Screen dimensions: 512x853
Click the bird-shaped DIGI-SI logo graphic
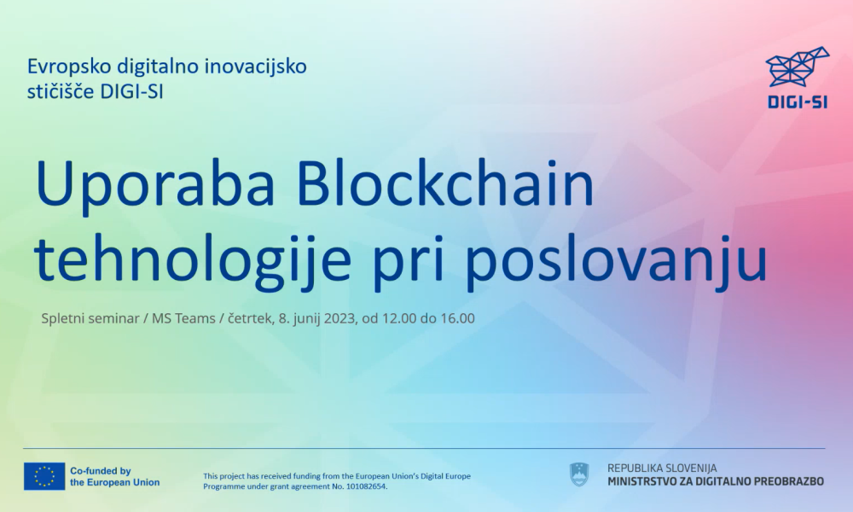(797, 67)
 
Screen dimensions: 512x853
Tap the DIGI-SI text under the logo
(798, 103)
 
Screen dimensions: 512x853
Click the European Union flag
(44, 476)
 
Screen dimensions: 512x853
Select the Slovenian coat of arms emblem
(579, 474)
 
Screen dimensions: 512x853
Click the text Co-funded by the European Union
(114, 476)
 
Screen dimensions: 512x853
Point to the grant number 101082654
(363, 486)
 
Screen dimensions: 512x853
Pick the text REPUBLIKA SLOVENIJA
(662, 468)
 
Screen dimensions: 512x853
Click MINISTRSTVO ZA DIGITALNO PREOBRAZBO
(716, 481)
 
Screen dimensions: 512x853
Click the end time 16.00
(457, 318)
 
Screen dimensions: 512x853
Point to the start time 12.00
(397, 318)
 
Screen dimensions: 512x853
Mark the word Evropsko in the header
(64, 66)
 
